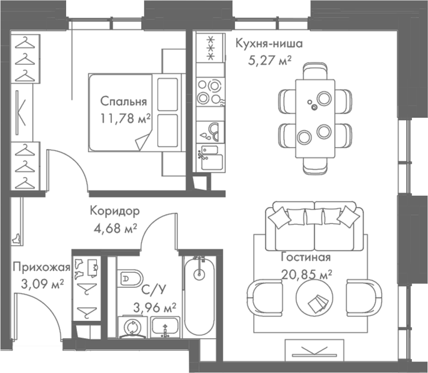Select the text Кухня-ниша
pos(269,44)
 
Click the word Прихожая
pos(41,267)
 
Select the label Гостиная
pos(306,258)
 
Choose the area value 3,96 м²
pos(155,308)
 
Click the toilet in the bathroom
pos(128,277)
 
